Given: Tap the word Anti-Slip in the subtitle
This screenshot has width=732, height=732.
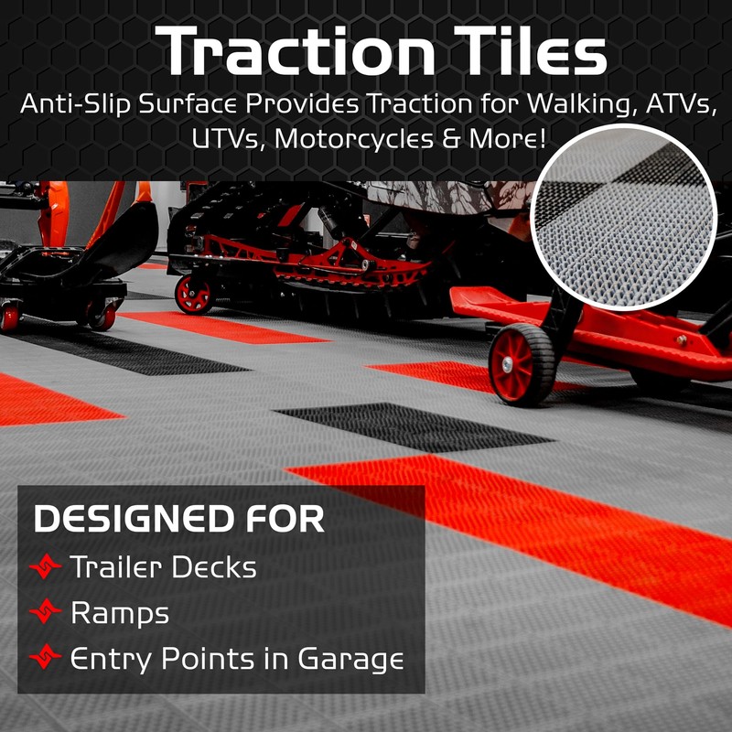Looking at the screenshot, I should (x=81, y=104).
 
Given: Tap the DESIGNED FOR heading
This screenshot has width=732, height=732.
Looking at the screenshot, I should (x=179, y=520).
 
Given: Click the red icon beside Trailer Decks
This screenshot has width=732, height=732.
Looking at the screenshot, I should (x=47, y=568).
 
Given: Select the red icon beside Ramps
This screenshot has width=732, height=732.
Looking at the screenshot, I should (x=47, y=613).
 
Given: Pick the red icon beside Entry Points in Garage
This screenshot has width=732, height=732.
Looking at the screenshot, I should (x=47, y=658).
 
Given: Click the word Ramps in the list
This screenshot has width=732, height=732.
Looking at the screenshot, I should (x=120, y=613).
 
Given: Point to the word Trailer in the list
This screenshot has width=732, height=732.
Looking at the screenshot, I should (x=113, y=567).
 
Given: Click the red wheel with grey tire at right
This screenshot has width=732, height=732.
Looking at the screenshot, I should (x=522, y=361).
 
